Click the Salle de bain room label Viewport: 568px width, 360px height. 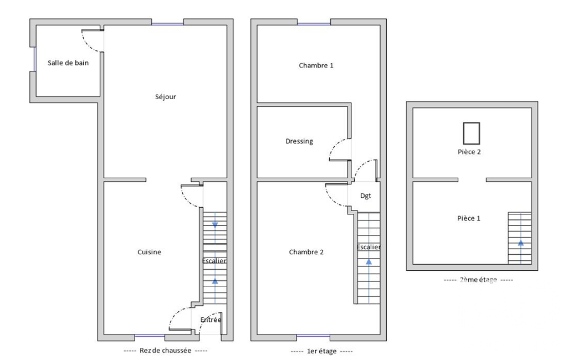coord(68,63)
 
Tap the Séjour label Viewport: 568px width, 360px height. coord(166,97)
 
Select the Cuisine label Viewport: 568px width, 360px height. coord(149,252)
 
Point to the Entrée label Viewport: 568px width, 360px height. coord(211,320)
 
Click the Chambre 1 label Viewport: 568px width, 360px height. coord(316,65)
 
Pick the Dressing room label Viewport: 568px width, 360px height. coord(299,141)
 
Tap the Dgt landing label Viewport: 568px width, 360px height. coord(366,196)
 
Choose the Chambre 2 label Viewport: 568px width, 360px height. coord(306,252)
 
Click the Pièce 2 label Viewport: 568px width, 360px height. coord(469,152)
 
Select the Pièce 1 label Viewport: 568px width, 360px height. coord(469,218)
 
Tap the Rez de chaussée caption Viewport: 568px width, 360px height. coord(165,351)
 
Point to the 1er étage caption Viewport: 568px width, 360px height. coord(321,351)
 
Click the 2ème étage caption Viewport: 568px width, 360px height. coord(478,280)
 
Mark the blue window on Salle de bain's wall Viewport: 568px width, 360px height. coord(35,59)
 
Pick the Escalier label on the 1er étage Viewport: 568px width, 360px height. coord(369,247)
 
